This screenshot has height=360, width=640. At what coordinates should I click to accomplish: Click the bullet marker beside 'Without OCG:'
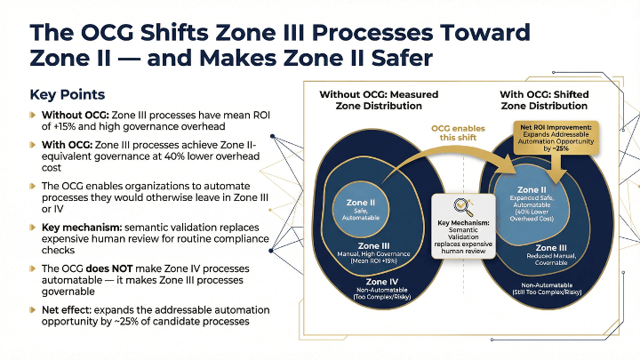33,115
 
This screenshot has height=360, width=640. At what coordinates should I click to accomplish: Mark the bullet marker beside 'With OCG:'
33,144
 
